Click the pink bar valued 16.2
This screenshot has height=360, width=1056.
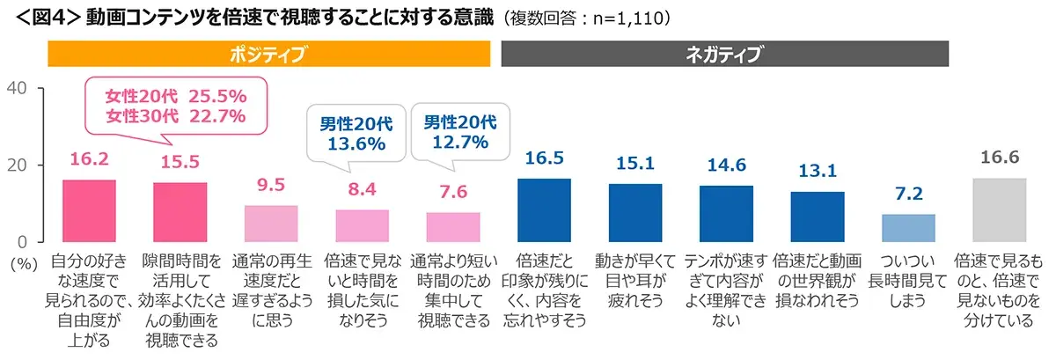pyautogui.click(x=89, y=211)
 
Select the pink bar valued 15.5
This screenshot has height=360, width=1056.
pyautogui.click(x=180, y=212)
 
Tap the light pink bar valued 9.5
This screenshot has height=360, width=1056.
pyautogui.click(x=271, y=224)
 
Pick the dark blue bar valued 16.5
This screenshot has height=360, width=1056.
pyautogui.click(x=544, y=210)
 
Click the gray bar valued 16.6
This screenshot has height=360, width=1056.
pyautogui.click(x=999, y=210)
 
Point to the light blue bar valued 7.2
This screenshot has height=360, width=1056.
pyautogui.click(x=908, y=228)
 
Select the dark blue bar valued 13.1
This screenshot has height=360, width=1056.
pyautogui.click(x=818, y=217)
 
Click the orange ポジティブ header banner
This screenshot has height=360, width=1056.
pyautogui.click(x=268, y=55)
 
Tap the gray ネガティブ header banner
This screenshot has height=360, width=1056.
pyautogui.click(x=724, y=55)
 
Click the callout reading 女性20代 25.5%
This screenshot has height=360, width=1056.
pyautogui.click(x=175, y=106)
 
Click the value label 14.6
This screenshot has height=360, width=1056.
pyautogui.click(x=726, y=165)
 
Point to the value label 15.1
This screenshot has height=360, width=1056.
pyautogui.click(x=634, y=164)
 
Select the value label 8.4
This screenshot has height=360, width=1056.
pyautogui.click(x=362, y=189)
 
